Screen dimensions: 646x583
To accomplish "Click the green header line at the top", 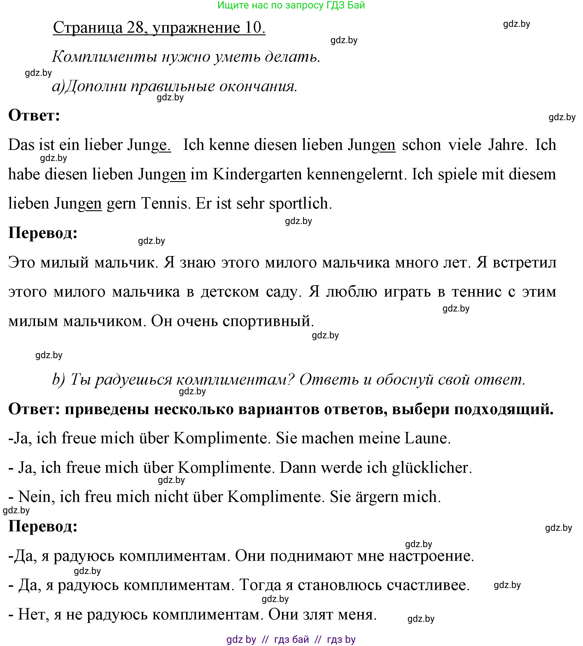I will pos(291,5).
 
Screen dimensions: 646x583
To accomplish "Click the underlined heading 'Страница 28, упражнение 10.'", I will pos(159,27).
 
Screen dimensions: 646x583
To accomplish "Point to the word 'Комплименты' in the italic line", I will pos(104,57).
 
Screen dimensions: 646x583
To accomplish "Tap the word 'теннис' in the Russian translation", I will pos(476,292).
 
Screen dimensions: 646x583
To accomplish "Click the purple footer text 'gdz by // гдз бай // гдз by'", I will pos(291,639).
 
